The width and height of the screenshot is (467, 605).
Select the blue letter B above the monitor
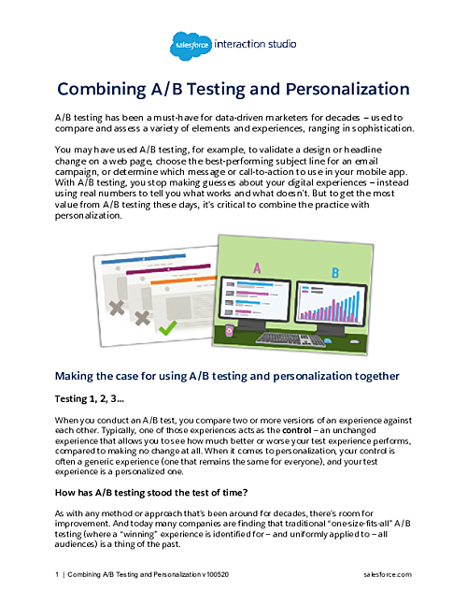pyautogui.click(x=336, y=274)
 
